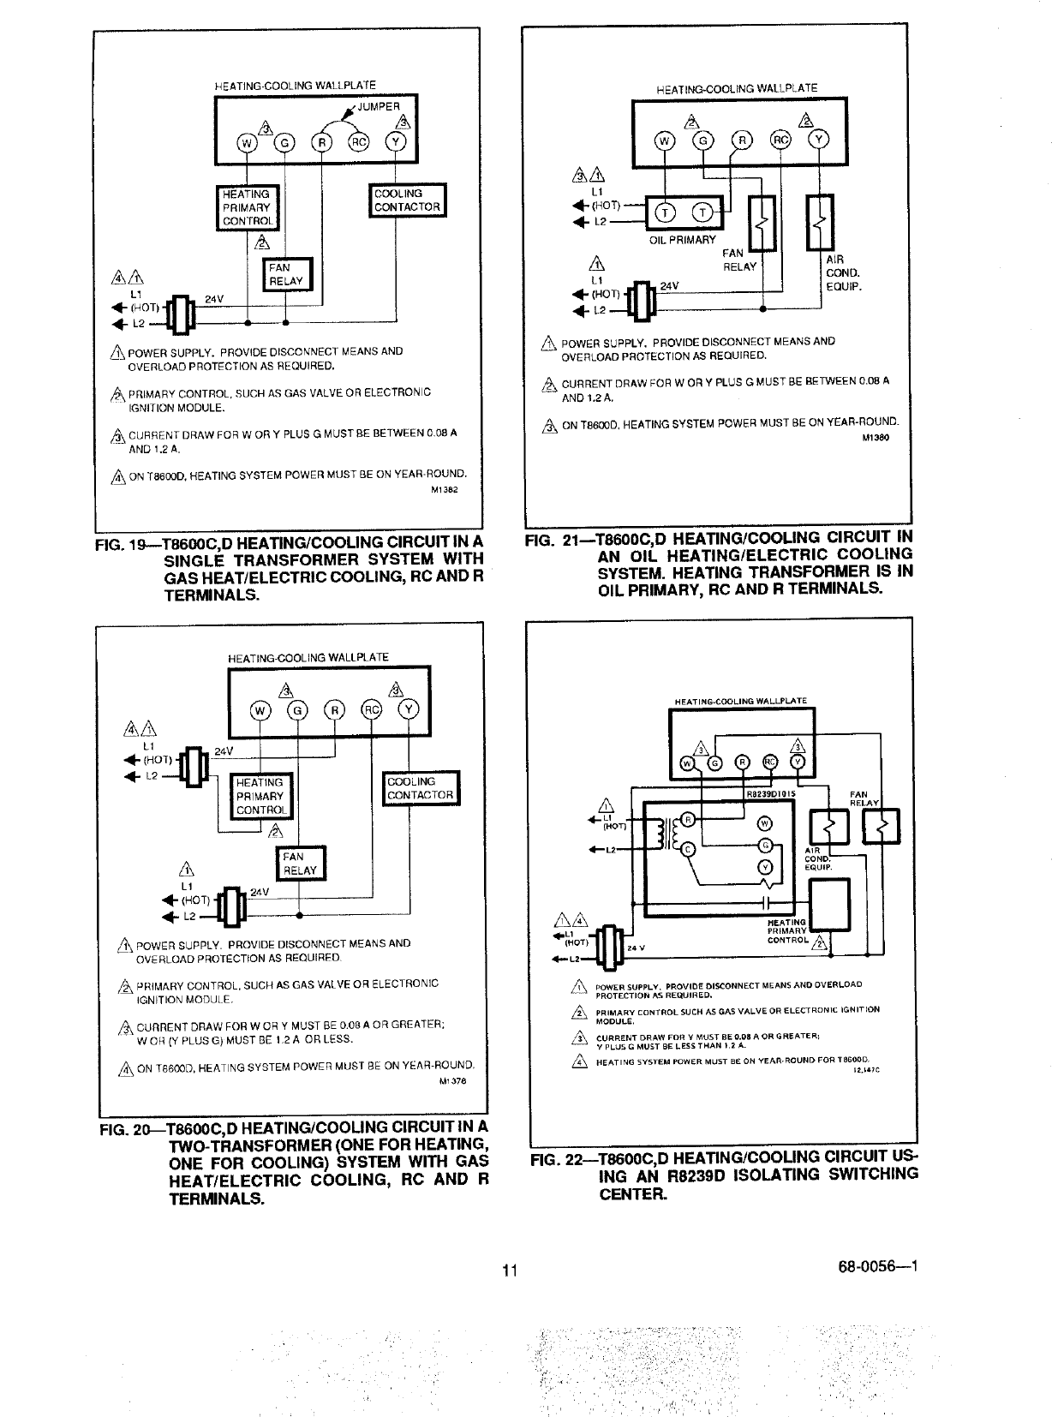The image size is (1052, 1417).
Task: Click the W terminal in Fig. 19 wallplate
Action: pyautogui.click(x=246, y=143)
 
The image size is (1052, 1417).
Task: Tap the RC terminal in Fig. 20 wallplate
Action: pyautogui.click(x=373, y=711)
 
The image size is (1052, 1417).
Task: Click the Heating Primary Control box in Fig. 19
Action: pyautogui.click(x=247, y=207)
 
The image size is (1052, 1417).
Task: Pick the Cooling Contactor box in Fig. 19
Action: pyautogui.click(x=407, y=200)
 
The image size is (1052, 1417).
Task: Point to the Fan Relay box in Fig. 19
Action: pyautogui.click(x=290, y=274)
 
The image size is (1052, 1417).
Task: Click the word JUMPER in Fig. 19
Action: pyautogui.click(x=379, y=106)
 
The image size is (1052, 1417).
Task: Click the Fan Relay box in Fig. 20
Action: pyautogui.click(x=300, y=864)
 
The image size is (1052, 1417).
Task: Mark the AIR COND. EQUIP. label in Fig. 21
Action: pyautogui.click(x=842, y=273)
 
